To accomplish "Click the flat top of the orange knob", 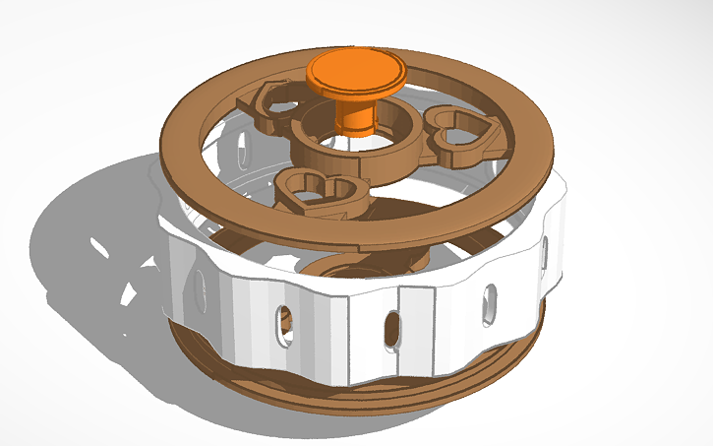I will coord(355,70).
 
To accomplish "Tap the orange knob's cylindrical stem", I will coord(354,113).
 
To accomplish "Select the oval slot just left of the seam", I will coord(391,329).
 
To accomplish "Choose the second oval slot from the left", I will coord(284,325).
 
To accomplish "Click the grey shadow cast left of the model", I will coord(79,246).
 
